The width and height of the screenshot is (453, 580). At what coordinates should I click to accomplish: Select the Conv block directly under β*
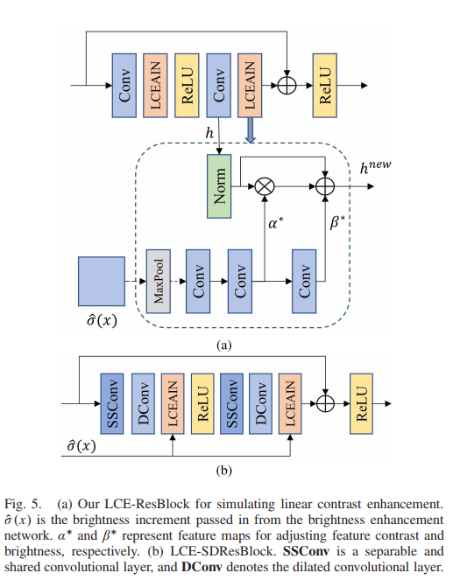click(x=304, y=281)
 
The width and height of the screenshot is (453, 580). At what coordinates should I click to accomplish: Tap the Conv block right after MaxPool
click(x=198, y=280)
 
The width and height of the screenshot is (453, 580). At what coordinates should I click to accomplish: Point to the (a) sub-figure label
click(x=224, y=345)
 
